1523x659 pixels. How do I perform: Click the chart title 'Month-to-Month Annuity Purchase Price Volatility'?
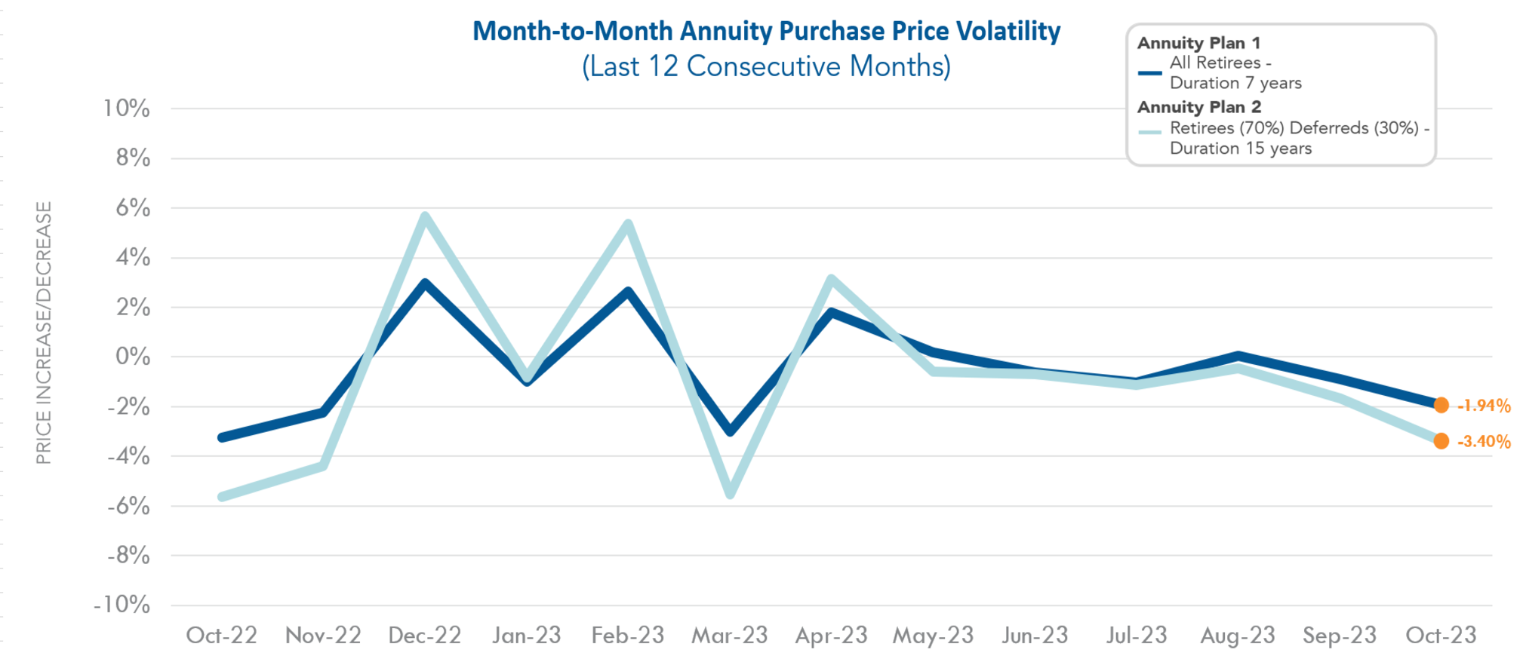point(766,31)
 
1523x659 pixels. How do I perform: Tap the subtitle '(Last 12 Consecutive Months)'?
point(766,66)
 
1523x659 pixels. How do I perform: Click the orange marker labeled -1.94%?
point(1441,406)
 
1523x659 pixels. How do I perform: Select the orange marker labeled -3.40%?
point(1441,441)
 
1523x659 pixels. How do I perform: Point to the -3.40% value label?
point(1484,442)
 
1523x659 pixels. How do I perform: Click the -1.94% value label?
point(1484,406)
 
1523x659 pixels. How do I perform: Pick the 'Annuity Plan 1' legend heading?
point(1198,43)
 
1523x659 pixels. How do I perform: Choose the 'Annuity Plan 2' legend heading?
point(1199,107)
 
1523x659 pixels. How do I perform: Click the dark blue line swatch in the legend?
point(1149,73)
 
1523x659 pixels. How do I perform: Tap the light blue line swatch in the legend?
point(1149,132)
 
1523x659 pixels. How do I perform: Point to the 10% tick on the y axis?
point(127,109)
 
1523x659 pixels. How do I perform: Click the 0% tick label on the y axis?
point(132,357)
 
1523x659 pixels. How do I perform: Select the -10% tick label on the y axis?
point(122,605)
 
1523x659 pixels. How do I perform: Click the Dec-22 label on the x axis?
point(424,636)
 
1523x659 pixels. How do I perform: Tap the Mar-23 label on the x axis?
point(729,636)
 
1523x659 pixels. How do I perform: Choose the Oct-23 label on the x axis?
point(1441,636)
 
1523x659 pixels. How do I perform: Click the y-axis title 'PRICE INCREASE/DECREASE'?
point(44,333)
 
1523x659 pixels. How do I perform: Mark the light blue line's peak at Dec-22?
point(426,217)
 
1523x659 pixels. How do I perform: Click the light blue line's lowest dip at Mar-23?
point(730,494)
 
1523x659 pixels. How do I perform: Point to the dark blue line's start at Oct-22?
point(222,437)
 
